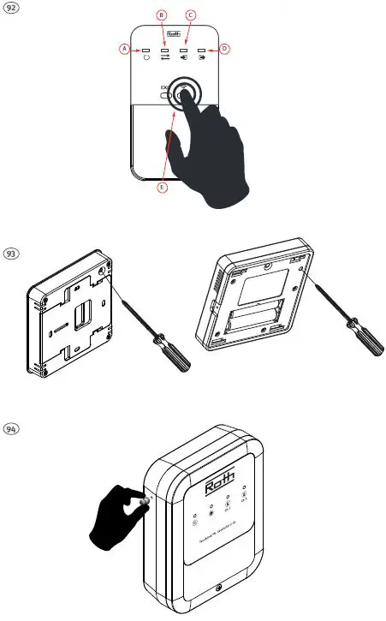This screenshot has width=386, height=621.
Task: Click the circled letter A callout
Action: (x=124, y=50)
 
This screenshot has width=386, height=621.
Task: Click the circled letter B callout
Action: (x=163, y=16)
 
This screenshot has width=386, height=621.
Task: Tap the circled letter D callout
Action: (x=225, y=50)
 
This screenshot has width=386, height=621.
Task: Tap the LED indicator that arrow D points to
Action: (x=202, y=51)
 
